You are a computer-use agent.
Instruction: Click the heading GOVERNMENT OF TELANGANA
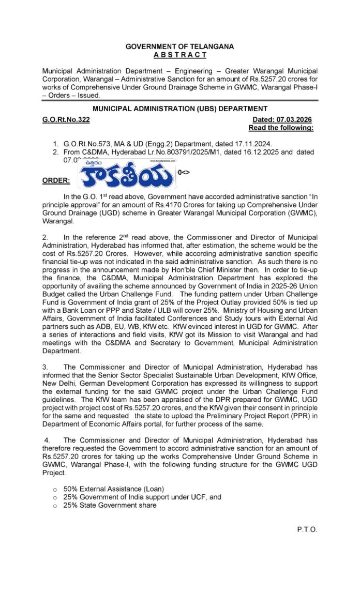click(179, 47)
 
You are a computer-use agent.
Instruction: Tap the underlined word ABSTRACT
click(179, 55)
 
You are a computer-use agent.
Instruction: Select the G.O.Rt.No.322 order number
click(66, 119)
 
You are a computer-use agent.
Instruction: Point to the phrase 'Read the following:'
click(281, 127)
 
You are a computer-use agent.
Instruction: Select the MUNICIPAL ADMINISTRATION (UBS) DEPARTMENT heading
click(179, 109)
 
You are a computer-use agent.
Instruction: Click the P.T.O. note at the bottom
click(307, 529)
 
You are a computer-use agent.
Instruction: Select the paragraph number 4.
click(46, 440)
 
